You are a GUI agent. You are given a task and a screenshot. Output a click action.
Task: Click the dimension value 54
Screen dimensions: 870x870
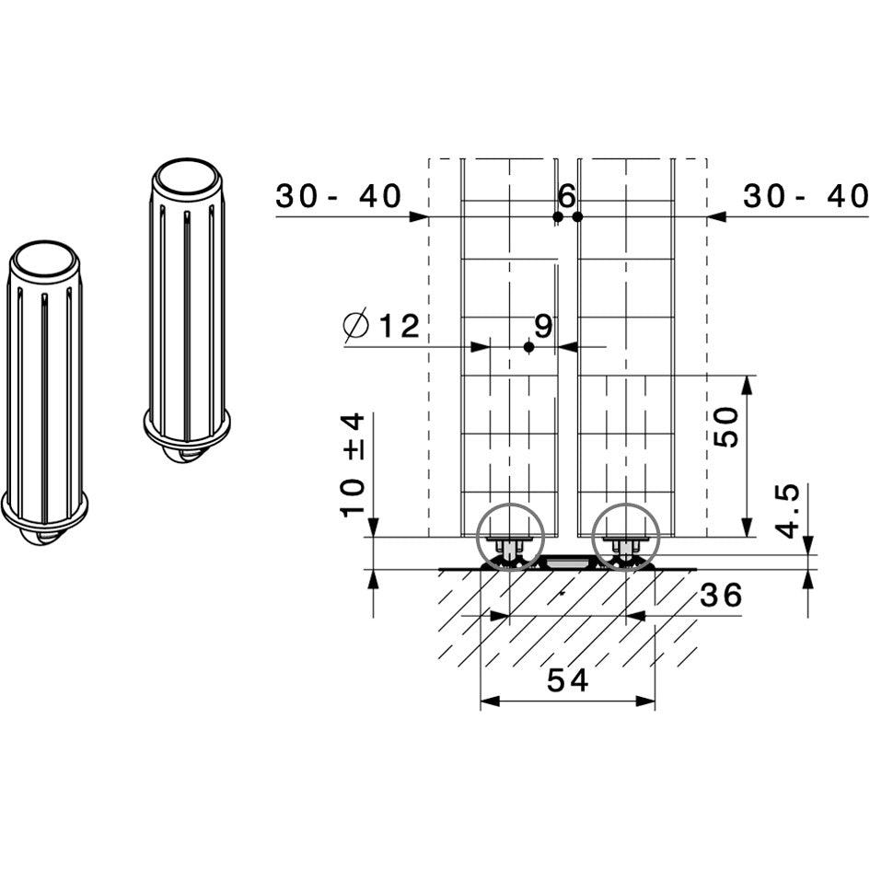tap(567, 680)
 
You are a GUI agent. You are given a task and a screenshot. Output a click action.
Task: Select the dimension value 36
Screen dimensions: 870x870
tap(721, 597)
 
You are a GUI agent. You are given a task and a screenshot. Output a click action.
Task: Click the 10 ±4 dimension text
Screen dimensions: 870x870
tap(353, 465)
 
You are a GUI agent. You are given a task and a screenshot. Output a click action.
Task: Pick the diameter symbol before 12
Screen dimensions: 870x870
tap(355, 326)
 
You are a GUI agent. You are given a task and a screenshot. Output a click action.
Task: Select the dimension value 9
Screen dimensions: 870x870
tap(543, 326)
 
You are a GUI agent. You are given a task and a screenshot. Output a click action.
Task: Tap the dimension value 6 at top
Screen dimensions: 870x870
tap(566, 195)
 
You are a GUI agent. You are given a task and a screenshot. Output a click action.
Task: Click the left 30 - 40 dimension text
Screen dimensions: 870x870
tap(339, 196)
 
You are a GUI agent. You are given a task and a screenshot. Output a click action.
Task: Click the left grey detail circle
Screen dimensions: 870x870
tap(510, 538)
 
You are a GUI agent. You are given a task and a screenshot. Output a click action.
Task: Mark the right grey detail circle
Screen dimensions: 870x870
tap(626, 538)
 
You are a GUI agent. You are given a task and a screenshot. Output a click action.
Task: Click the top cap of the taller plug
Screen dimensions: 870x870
tap(187, 177)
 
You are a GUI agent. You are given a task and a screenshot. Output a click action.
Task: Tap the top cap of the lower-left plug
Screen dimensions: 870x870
tap(45, 261)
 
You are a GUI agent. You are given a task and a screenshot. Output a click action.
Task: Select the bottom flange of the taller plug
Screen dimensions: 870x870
tap(187, 428)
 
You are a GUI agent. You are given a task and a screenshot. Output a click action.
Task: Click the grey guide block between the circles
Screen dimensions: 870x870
tap(568, 561)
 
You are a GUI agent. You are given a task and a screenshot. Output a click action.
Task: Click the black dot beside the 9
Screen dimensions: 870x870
tap(528, 347)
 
